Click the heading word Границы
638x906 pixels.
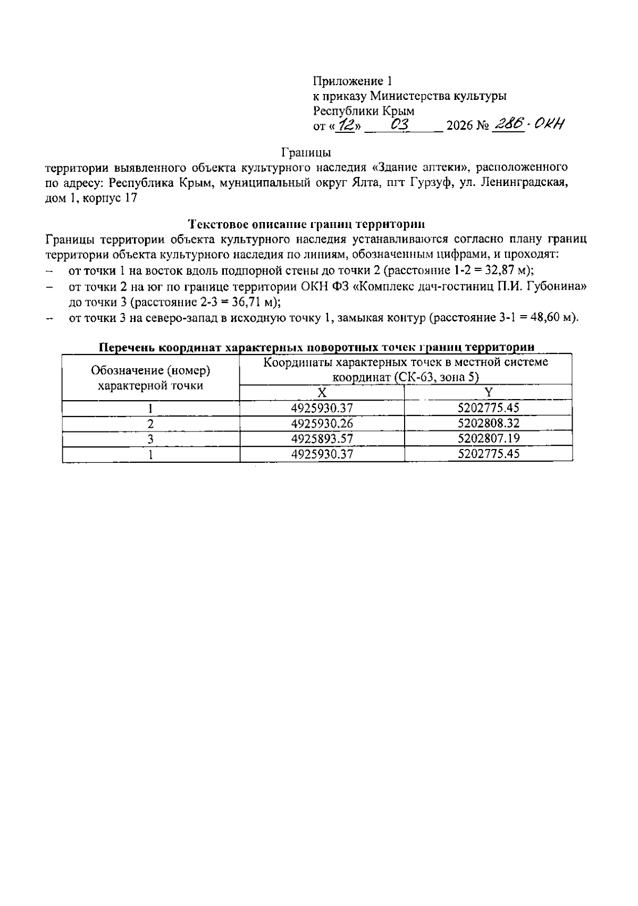tap(306, 153)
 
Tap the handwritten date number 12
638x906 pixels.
tap(348, 125)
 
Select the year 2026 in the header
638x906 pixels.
tap(460, 126)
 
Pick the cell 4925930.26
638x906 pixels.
tap(322, 423)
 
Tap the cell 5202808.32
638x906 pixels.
tap(488, 423)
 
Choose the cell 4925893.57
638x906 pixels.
tap(322, 438)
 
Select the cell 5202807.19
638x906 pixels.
tap(488, 438)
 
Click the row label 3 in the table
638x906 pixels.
tap(151, 439)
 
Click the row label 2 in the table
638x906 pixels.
tap(151, 424)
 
